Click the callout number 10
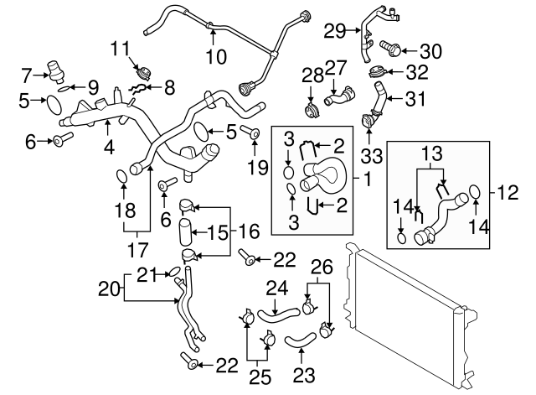[x=216, y=56]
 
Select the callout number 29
[x=335, y=31]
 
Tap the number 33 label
[x=372, y=156]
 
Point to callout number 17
[x=137, y=250]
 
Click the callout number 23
[x=304, y=375]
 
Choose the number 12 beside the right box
[x=508, y=193]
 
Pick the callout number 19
[x=258, y=168]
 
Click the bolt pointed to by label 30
[x=390, y=49]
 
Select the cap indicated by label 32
[x=378, y=72]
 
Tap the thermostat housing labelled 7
[x=55, y=71]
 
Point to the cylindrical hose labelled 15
[x=184, y=232]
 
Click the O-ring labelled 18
[x=122, y=176]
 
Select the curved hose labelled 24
[x=278, y=314]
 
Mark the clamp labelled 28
[x=311, y=112]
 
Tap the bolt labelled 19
[x=251, y=133]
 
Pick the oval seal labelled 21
[x=174, y=273]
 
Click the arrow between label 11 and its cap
[x=136, y=64]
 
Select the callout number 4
[x=109, y=148]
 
